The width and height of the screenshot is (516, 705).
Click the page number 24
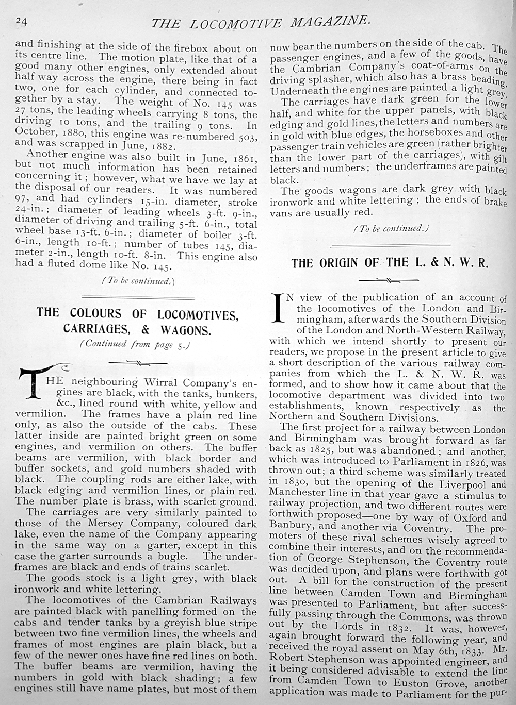click(x=22, y=20)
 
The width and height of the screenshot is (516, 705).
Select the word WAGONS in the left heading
click(x=180, y=330)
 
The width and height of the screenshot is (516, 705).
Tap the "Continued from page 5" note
click(x=135, y=345)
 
